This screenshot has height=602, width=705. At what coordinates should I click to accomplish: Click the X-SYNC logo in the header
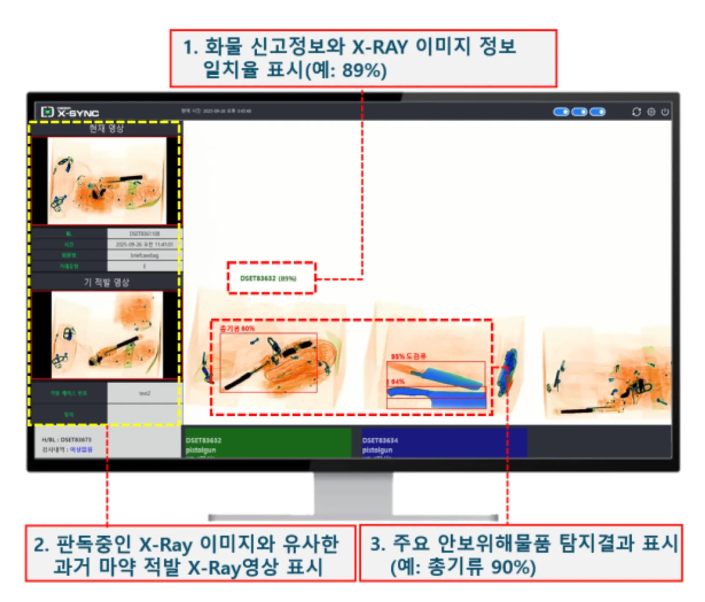click(70, 112)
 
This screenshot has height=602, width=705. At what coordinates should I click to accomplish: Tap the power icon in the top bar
click(665, 112)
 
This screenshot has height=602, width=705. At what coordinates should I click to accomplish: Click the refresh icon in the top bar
click(636, 112)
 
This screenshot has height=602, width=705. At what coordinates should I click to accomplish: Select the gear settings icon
click(651, 112)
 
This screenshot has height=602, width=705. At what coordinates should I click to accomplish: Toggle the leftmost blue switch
click(561, 112)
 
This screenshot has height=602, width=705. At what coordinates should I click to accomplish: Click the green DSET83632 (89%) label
click(268, 278)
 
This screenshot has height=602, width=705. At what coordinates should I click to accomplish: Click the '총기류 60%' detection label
click(237, 328)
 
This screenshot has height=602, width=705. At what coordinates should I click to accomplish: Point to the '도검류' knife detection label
click(408, 356)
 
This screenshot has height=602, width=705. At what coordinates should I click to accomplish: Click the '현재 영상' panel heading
click(106, 129)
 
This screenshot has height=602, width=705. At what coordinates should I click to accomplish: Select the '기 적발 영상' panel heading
click(106, 282)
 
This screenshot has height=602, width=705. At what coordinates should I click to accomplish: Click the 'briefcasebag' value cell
click(144, 255)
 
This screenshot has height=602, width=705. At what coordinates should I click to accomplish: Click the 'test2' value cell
click(144, 393)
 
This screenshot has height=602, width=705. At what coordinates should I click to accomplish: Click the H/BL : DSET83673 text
click(66, 440)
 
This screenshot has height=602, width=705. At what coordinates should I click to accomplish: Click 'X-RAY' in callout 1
click(380, 47)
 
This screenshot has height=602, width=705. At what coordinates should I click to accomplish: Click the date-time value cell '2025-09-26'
click(144, 244)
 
